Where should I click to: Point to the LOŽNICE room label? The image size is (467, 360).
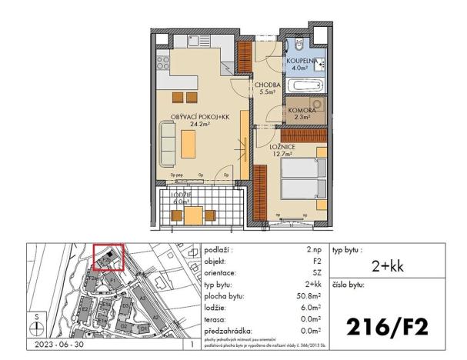coord(282,145)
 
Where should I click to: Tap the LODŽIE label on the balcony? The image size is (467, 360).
coord(182,195)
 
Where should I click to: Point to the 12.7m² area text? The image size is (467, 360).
coord(282,153)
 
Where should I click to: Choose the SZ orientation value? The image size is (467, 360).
coord(315,272)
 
